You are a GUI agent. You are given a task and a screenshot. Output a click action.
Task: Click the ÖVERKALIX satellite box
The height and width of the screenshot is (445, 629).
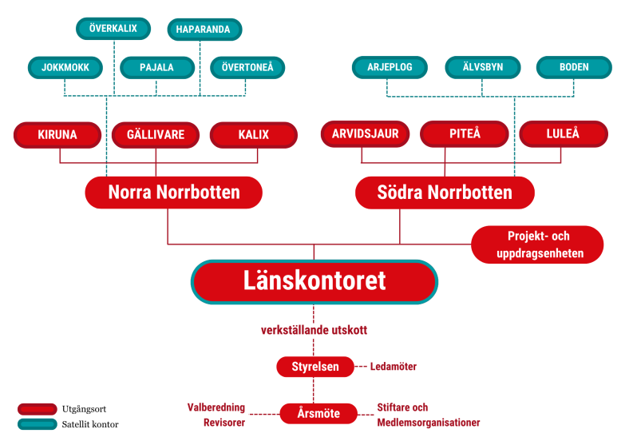[113, 29]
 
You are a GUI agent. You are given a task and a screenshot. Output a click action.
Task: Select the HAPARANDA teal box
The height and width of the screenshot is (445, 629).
[204, 30]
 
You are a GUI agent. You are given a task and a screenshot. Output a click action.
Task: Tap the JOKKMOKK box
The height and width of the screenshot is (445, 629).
[65, 68]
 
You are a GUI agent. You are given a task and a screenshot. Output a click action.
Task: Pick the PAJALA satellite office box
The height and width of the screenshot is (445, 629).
[157, 68]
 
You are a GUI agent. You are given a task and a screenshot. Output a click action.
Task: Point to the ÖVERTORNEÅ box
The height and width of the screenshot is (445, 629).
[247, 68]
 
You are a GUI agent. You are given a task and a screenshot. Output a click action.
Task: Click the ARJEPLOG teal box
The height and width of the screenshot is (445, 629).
[390, 68]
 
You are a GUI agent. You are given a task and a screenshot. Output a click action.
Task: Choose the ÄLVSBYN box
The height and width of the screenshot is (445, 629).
[482, 68]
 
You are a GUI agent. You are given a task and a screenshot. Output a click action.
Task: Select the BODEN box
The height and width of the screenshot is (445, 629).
[574, 68]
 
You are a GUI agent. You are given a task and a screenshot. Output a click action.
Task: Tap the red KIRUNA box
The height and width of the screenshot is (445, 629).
[57, 135]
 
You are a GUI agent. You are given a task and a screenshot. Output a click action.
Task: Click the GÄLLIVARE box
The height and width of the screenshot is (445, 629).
[156, 135]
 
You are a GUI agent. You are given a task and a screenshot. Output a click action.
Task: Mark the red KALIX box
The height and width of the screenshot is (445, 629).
[253, 135]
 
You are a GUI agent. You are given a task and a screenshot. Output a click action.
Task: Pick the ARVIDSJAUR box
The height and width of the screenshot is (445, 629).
[365, 134]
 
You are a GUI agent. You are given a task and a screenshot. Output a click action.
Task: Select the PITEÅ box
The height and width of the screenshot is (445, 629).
[465, 134]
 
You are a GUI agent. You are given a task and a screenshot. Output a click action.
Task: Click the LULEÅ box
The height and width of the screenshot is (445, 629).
[562, 134]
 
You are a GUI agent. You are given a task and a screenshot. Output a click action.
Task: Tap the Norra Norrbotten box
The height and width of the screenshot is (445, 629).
[174, 193]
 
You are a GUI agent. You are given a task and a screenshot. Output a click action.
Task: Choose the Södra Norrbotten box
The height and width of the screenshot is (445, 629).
[445, 193]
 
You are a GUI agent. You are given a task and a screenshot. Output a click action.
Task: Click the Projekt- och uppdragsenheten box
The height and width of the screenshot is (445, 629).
[538, 245]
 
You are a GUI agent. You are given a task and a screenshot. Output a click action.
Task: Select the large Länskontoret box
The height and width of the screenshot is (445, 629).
[314, 281]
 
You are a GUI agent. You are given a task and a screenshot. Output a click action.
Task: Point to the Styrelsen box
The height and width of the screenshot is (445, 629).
[314, 367]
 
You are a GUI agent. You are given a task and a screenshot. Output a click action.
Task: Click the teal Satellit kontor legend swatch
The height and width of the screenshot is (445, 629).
[37, 423]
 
